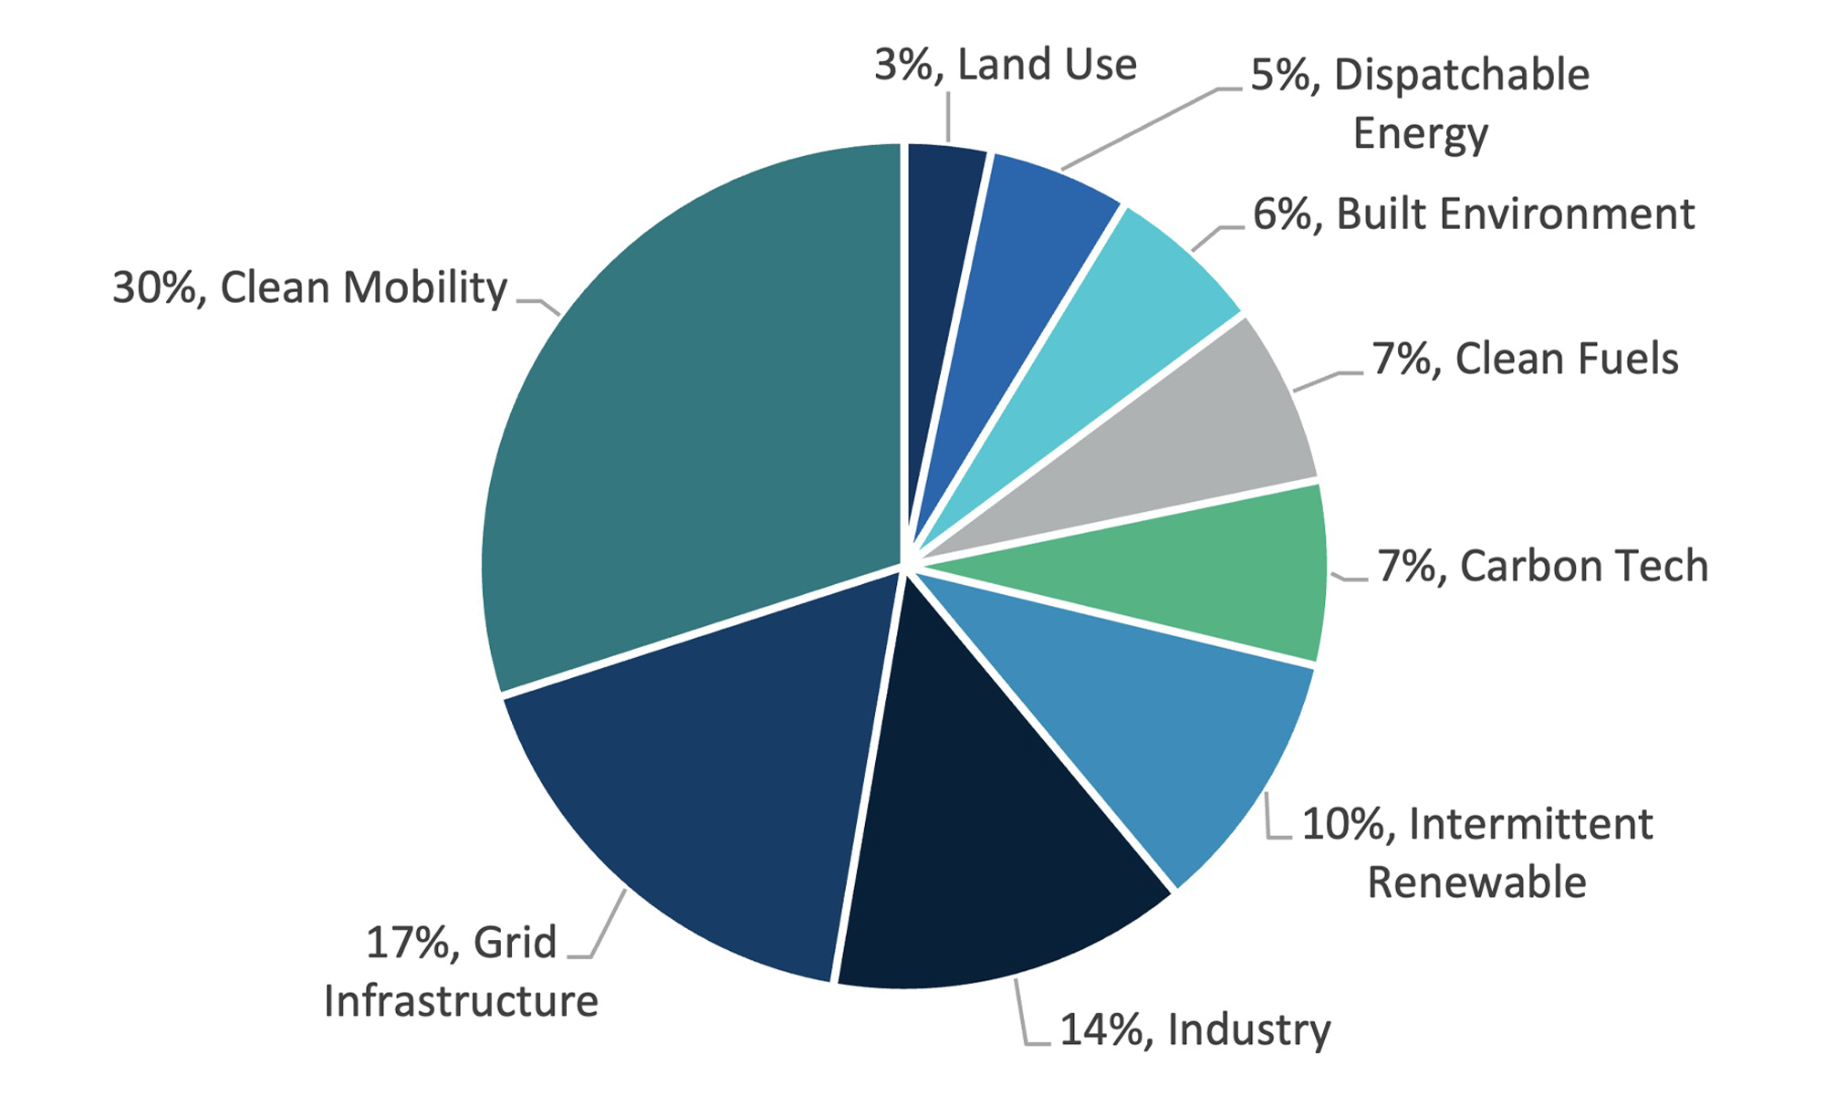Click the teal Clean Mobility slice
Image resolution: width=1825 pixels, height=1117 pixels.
[x=693, y=411]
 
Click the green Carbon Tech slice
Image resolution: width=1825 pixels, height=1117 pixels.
[x=1214, y=575]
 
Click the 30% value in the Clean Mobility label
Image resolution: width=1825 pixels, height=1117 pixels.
[x=153, y=287]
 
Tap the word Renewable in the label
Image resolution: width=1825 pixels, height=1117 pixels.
[x=1476, y=882]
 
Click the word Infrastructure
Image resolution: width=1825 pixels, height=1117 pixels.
[x=461, y=1001]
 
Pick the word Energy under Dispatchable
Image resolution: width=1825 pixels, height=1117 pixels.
[x=1420, y=134]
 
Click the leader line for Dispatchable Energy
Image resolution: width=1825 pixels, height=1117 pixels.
[x=1141, y=129]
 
